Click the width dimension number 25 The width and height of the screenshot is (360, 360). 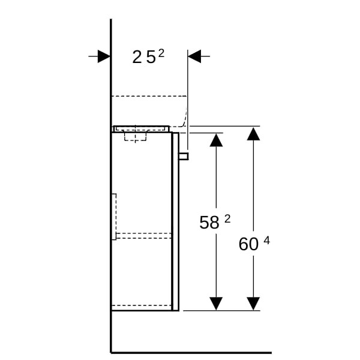(144, 58)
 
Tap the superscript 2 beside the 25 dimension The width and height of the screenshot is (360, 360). (161, 54)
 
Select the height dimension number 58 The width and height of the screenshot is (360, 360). (209, 223)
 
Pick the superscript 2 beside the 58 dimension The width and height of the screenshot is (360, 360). (227, 219)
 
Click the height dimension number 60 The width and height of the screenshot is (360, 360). (248, 244)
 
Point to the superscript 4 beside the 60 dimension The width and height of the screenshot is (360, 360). (267, 241)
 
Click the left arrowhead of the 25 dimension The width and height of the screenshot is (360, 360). (104, 56)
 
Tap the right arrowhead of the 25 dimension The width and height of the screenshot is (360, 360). (194, 56)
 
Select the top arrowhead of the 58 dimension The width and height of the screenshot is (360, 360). (216, 140)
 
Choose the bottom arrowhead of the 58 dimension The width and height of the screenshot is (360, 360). (216, 304)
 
